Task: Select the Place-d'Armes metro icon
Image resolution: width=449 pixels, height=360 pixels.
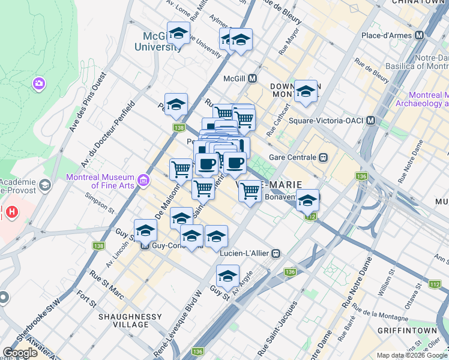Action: [419, 35]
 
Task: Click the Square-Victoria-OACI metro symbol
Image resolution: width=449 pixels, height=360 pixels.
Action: [370, 121]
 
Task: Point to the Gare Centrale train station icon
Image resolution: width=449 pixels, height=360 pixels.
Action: [323, 157]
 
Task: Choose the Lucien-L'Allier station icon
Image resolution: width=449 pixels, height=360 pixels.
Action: [276, 253]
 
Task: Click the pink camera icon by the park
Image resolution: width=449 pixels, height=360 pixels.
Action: [40, 83]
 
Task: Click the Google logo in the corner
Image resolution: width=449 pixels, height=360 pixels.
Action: [20, 353]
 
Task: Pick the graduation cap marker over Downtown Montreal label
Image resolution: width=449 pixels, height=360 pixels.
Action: [306, 92]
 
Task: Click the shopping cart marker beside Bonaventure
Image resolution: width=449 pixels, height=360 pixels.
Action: [250, 192]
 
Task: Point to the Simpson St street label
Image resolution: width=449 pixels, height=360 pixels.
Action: [100, 203]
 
